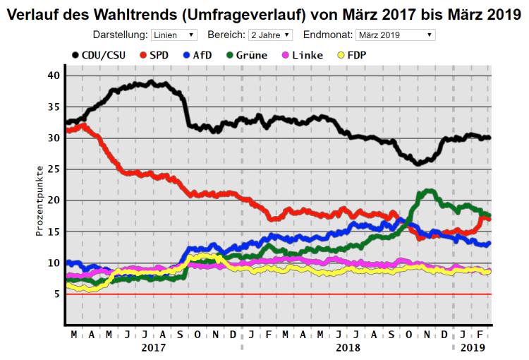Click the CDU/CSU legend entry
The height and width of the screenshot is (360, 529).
[x=99, y=55]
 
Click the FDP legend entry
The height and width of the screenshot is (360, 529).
[x=351, y=55]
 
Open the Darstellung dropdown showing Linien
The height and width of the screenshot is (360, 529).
[x=174, y=35]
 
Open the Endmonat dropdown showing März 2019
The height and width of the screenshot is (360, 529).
[x=395, y=35]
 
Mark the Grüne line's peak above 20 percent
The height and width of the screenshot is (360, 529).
[x=427, y=191]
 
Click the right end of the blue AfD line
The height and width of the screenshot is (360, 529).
[x=489, y=243]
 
